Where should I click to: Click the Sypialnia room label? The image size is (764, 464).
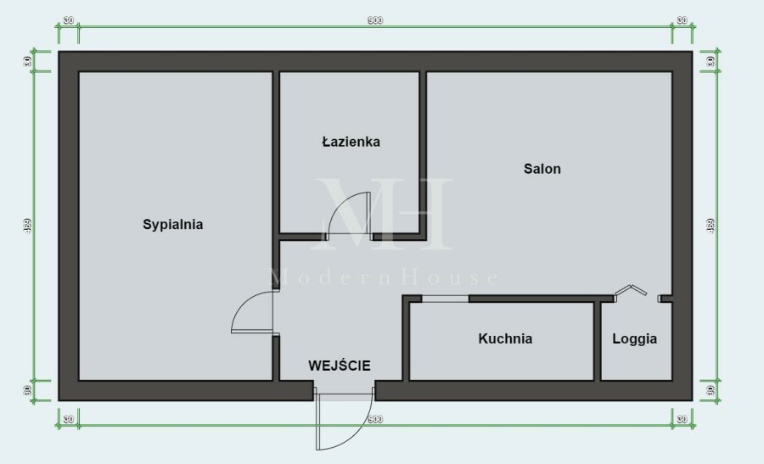click(x=172, y=225)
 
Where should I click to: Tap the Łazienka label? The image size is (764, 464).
click(x=351, y=142)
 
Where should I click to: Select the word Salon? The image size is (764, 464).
click(x=542, y=169)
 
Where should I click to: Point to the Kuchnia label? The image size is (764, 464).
click(x=505, y=338)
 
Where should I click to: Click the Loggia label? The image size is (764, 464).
click(x=635, y=338)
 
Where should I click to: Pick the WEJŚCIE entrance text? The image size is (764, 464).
click(x=340, y=366)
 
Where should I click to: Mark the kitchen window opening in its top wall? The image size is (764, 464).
click(x=445, y=299)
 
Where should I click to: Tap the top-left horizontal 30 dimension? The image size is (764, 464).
click(x=68, y=20)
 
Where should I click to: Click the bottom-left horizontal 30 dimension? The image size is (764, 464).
click(x=68, y=419)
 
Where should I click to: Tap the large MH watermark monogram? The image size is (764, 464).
click(x=384, y=212)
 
